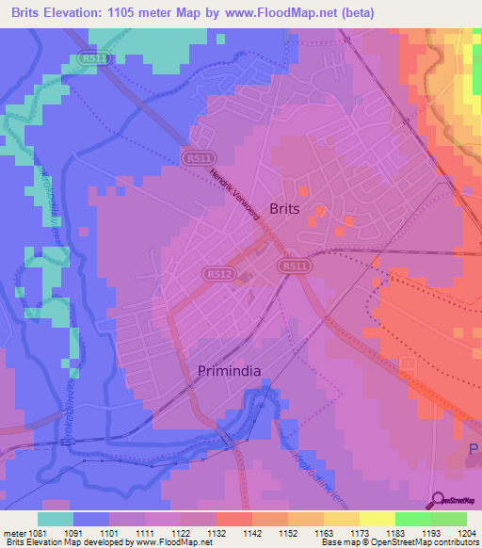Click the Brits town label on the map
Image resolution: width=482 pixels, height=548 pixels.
coord(285,210)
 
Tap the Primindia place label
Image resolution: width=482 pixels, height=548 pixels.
coord(229,371)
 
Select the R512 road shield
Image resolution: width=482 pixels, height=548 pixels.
coord(214,274)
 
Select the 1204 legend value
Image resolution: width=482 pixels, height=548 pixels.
coord(464,533)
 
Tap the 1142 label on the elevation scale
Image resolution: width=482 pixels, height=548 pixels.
coord(250,533)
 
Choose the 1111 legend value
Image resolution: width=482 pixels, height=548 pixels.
coord(142,533)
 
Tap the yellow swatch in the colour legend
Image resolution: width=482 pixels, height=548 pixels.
coord(377,519)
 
